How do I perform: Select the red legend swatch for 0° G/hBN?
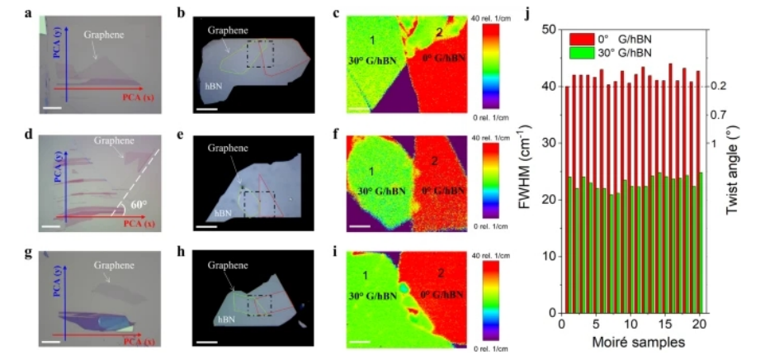coord(576,39)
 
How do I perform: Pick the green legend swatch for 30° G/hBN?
coord(576,52)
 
